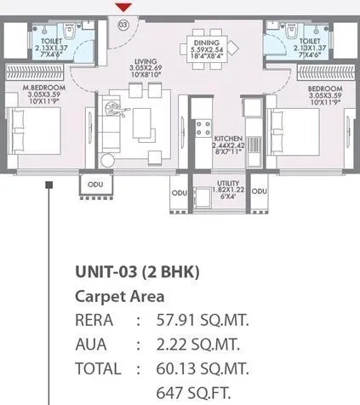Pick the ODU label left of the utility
179,193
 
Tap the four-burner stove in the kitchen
203,129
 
